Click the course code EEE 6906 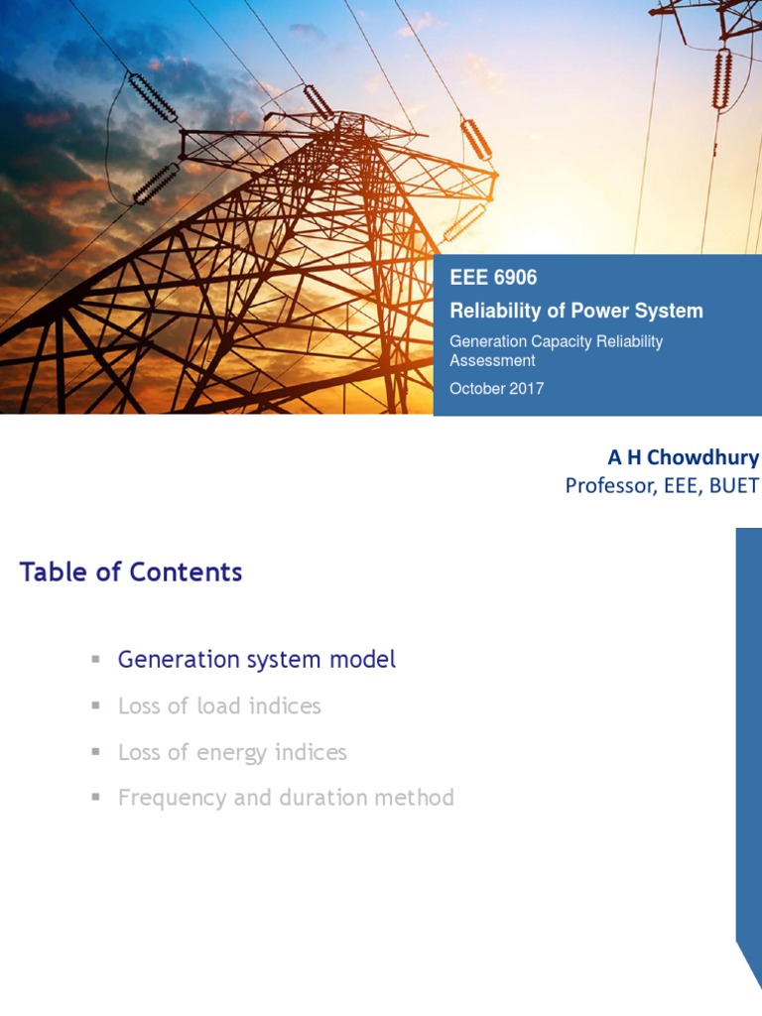tap(493, 279)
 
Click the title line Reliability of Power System tap(576, 311)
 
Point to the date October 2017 tap(496, 389)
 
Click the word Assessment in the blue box tap(492, 360)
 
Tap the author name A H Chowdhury tap(683, 457)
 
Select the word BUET tap(733, 485)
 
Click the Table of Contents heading tap(131, 571)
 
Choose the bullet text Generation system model tap(256, 660)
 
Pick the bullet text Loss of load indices tap(219, 706)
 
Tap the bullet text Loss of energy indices tap(232, 752)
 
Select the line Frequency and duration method tap(286, 798)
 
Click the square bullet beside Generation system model tap(96, 660)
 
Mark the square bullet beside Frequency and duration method tap(96, 798)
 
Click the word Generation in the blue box tap(488, 341)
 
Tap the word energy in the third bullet tap(234, 753)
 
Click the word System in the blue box tap(670, 311)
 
